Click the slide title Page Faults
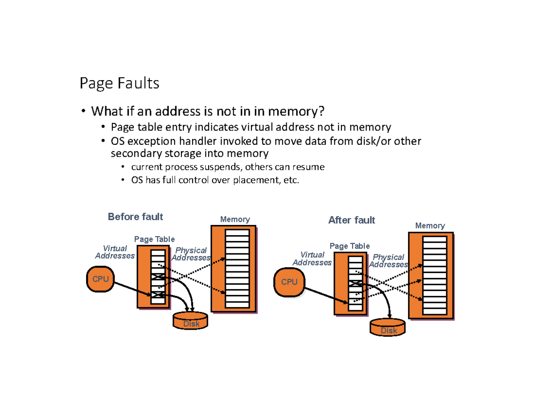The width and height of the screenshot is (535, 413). point(119,83)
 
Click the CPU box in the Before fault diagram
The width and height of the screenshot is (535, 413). point(100,279)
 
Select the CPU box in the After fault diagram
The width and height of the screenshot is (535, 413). point(289,282)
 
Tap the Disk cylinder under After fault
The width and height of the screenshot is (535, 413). point(388,327)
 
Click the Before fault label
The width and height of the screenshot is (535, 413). point(136,217)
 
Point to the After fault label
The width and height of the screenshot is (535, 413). point(351,220)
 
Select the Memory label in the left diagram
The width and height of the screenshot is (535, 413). point(235,220)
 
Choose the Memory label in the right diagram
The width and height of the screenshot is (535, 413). point(430,226)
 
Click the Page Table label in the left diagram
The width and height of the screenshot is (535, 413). point(154,239)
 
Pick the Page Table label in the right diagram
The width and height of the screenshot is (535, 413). point(350,246)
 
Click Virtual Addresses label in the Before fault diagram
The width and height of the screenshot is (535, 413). point(115,252)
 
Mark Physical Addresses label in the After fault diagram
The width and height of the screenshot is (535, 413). point(388,261)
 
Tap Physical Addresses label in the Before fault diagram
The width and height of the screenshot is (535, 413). point(191,254)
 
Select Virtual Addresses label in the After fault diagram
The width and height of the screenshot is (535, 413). point(312,259)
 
